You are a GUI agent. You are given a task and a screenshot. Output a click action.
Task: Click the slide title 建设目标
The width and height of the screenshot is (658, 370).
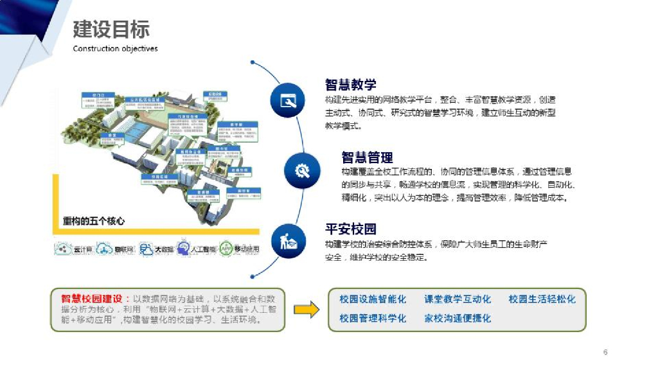point(111,29)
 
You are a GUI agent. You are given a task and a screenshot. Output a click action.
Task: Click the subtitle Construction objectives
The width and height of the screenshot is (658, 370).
point(115,49)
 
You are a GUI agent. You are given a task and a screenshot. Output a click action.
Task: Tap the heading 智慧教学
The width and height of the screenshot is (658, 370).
point(350,85)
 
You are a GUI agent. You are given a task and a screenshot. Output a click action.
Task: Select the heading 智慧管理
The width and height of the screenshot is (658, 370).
point(367,157)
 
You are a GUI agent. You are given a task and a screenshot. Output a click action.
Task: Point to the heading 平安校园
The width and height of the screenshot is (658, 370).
point(350,229)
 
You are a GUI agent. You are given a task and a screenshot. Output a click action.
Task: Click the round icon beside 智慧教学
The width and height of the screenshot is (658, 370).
point(287,101)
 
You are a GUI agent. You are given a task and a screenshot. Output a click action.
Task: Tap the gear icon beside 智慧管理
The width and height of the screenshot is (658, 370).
point(301,170)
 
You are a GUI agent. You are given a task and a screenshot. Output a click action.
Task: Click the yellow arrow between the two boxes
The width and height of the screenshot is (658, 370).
point(307,310)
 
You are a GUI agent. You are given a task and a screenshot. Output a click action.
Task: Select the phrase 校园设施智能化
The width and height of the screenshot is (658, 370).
point(373,299)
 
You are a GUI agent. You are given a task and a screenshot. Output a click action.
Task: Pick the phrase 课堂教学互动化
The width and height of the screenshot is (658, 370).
point(457,299)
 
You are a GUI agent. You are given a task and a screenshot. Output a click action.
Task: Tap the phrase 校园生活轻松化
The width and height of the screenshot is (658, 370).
point(542,299)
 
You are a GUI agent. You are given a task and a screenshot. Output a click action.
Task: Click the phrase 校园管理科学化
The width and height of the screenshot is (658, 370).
point(373,318)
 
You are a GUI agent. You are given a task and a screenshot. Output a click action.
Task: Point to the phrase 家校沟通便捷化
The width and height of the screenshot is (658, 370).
point(457,318)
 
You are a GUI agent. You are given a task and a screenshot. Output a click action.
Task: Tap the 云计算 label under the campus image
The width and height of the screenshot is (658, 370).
point(84,249)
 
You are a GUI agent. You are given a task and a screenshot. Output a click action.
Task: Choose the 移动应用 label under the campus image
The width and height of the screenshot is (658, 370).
point(247,249)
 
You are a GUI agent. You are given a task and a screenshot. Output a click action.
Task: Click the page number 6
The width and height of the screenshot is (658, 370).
point(605,352)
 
